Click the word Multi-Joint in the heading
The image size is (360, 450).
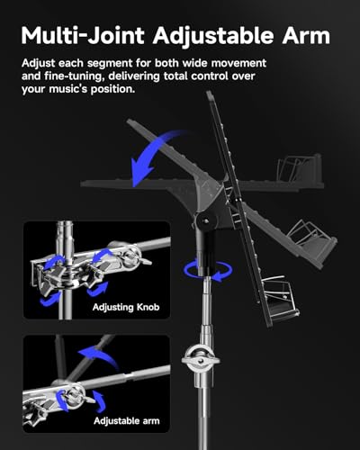[x=83, y=36]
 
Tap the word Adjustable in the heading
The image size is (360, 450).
[x=213, y=37]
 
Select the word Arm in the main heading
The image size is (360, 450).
[x=306, y=36]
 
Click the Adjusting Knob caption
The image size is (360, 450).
[x=126, y=307]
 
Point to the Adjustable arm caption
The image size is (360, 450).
[x=127, y=420]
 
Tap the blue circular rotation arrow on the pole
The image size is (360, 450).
[x=208, y=271]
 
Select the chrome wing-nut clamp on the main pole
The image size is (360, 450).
[x=200, y=358]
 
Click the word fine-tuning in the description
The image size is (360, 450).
[x=76, y=76]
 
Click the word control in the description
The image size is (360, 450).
[x=207, y=76]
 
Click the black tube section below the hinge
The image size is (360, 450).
[x=206, y=252]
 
